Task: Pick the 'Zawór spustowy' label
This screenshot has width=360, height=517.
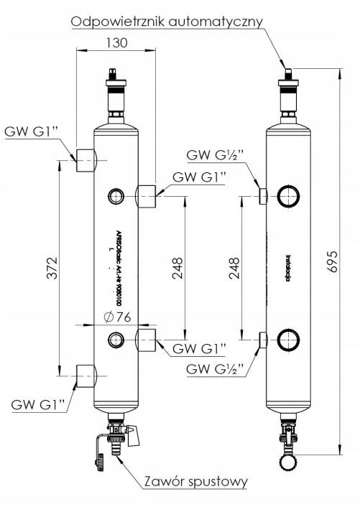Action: pos(197,480)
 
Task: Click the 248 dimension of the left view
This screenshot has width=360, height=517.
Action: pos(177,267)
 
